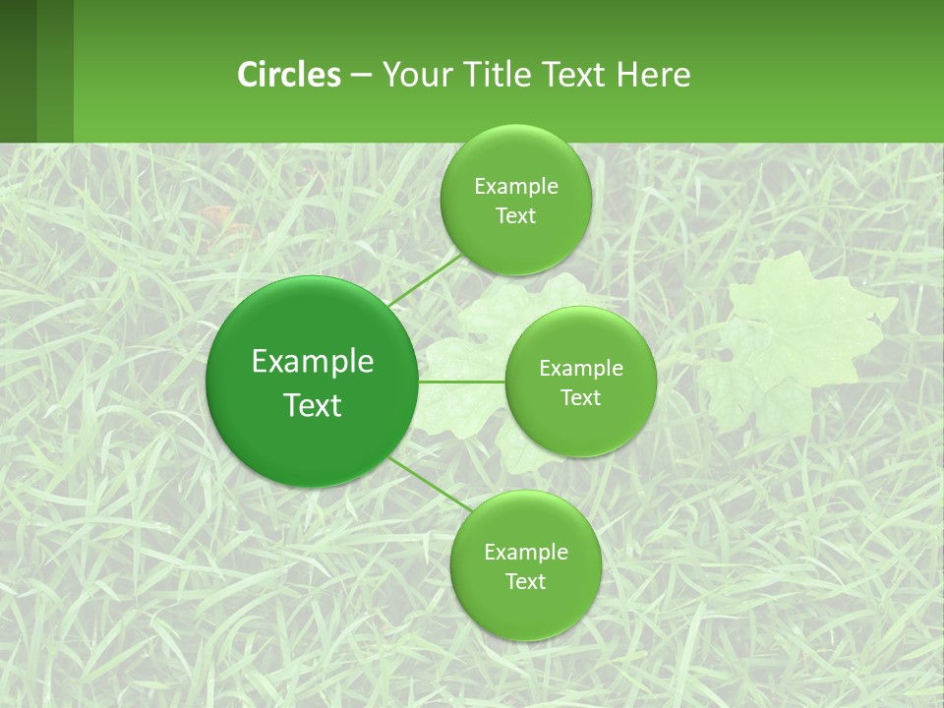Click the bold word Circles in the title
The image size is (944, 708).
click(289, 75)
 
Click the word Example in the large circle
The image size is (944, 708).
click(313, 362)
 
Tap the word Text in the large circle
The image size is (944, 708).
click(313, 405)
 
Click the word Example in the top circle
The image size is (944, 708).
click(515, 187)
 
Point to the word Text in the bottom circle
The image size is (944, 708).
click(525, 581)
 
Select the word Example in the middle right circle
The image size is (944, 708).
click(580, 369)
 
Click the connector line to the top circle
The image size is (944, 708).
click(426, 281)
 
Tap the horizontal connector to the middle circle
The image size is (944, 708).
click(461, 382)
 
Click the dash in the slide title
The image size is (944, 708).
click(360, 75)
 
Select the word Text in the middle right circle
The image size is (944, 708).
click(580, 397)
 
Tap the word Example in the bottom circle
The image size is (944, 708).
click(525, 552)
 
